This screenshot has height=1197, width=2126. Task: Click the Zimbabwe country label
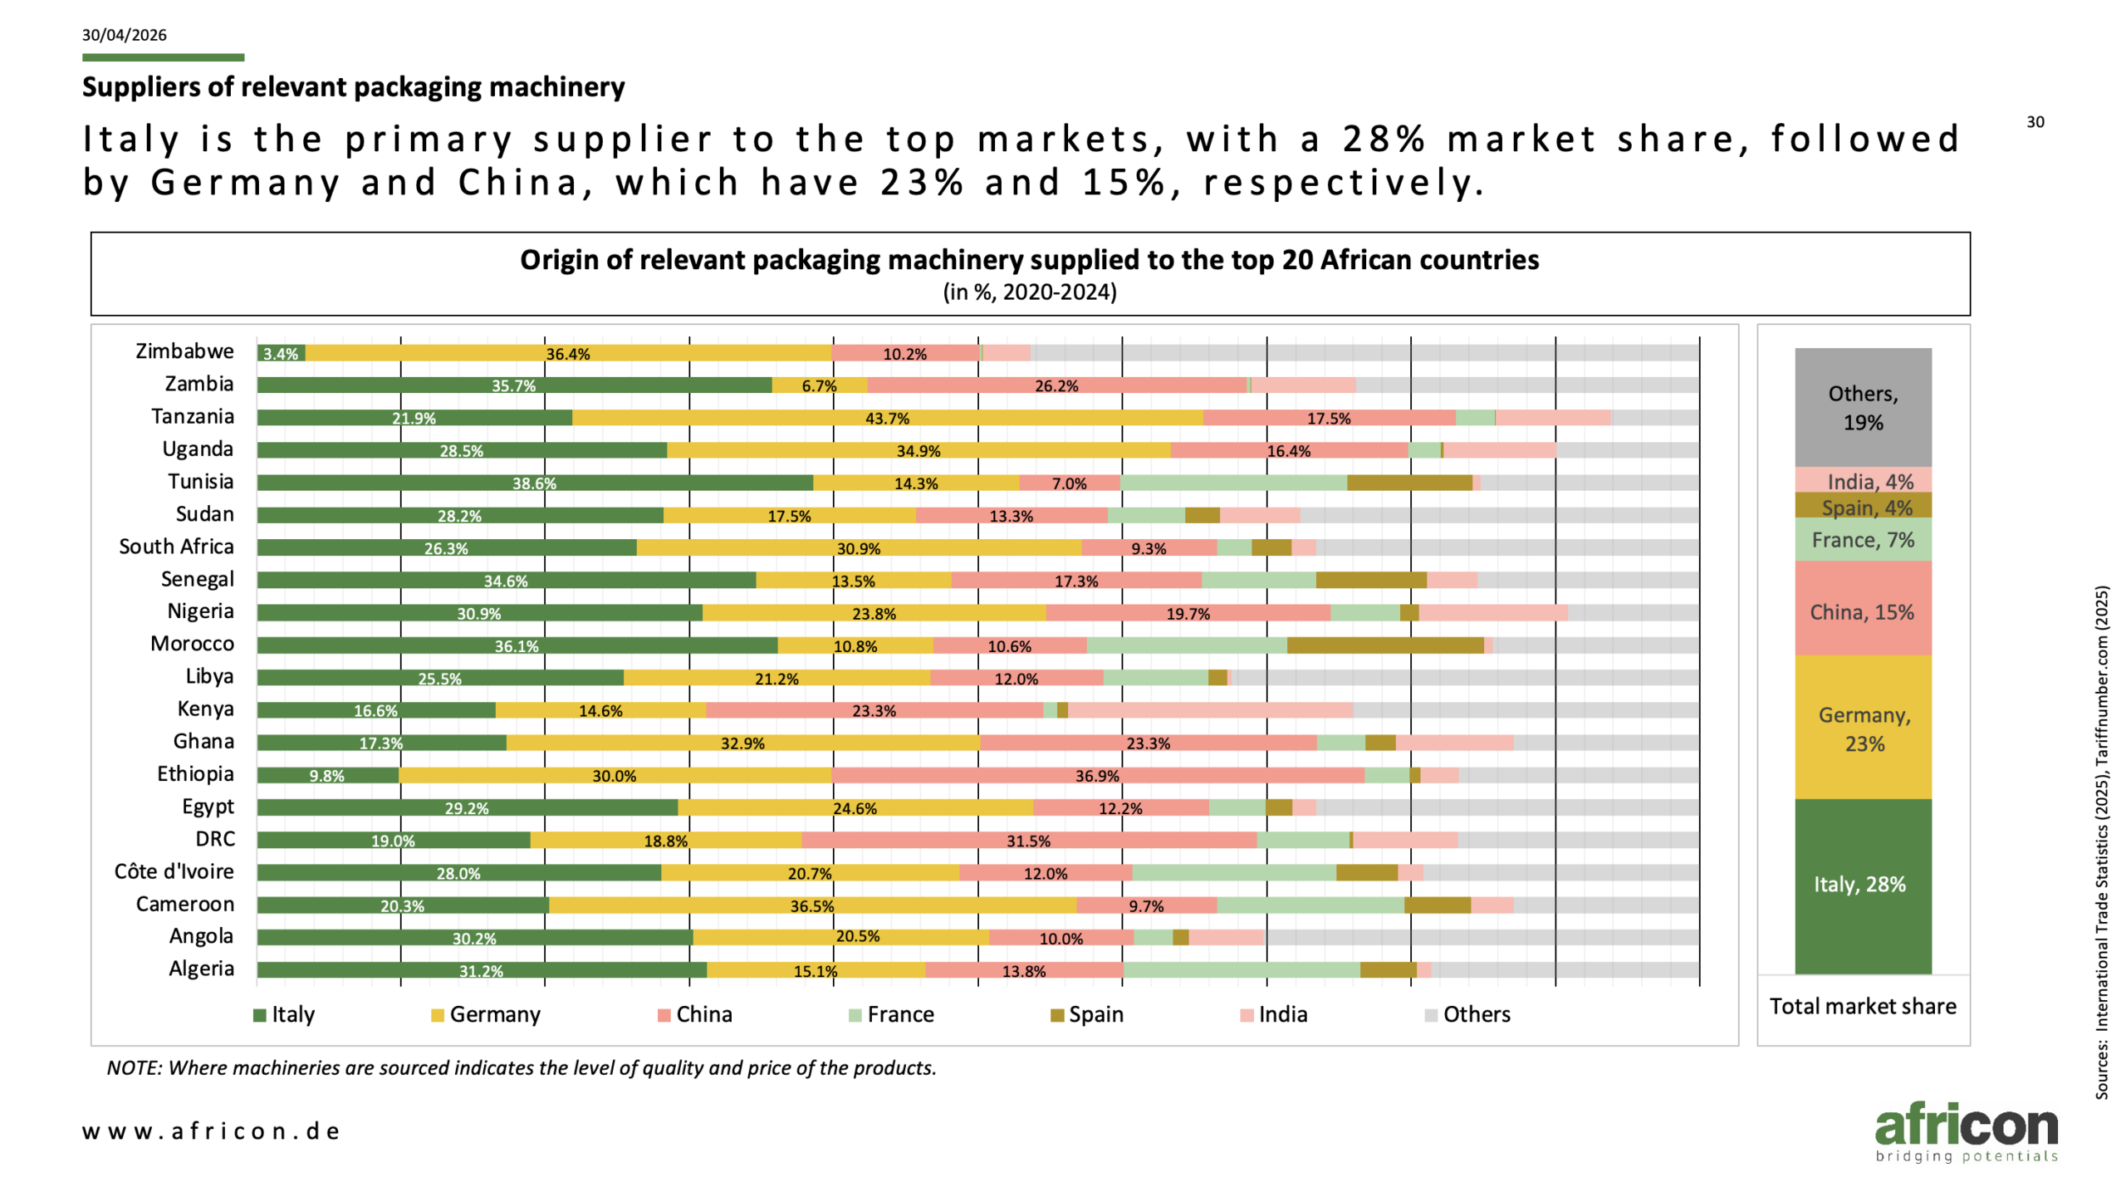(x=184, y=351)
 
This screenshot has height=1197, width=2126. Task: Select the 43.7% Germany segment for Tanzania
(x=887, y=418)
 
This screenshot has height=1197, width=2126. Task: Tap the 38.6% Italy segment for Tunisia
(x=535, y=483)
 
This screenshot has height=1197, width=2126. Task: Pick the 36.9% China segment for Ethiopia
(x=1097, y=775)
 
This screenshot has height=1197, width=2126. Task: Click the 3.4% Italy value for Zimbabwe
(x=281, y=354)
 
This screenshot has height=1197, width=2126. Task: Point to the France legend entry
(x=891, y=1014)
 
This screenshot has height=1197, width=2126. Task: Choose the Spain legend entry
(x=1087, y=1014)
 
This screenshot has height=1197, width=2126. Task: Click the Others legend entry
(x=1467, y=1014)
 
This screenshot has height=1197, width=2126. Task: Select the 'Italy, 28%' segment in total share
(x=1863, y=886)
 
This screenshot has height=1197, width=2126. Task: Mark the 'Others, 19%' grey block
(x=1863, y=407)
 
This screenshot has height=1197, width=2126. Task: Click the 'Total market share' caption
(x=1863, y=1007)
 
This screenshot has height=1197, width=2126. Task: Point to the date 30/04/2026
(x=125, y=35)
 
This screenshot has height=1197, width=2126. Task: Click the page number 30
(x=2035, y=122)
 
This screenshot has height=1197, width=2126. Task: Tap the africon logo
(x=1967, y=1131)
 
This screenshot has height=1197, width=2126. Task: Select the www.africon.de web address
(x=211, y=1131)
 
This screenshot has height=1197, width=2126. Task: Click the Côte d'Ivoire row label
(x=174, y=871)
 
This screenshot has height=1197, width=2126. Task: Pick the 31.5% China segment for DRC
(x=1029, y=840)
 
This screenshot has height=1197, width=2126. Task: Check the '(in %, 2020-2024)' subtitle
(x=1030, y=292)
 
